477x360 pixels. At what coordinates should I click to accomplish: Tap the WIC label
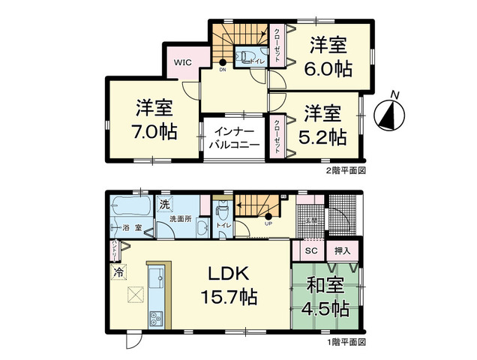pyautogui.click(x=184, y=63)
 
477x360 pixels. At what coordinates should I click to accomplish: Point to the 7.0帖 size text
pyautogui.click(x=154, y=132)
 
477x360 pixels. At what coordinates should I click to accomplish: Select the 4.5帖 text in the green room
pyautogui.click(x=326, y=307)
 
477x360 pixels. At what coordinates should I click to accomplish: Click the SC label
pyautogui.click(x=309, y=250)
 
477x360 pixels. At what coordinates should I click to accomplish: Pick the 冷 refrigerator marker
pyautogui.click(x=118, y=274)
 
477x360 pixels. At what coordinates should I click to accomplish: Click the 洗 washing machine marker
pyautogui.click(x=164, y=204)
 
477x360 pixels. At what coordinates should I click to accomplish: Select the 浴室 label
pyautogui.click(x=130, y=226)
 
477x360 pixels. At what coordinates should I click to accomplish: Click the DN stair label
pyautogui.click(x=223, y=70)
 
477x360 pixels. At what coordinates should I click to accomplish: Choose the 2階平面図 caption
pyautogui.click(x=344, y=170)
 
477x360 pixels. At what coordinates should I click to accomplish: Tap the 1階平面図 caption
pyautogui.click(x=344, y=343)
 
